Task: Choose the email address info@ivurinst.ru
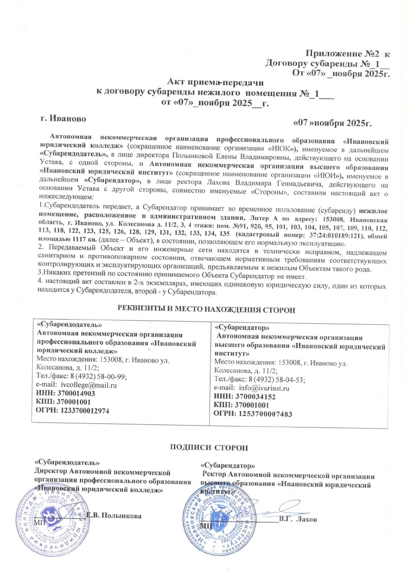point(267,388)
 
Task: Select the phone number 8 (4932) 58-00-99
point(105,376)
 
